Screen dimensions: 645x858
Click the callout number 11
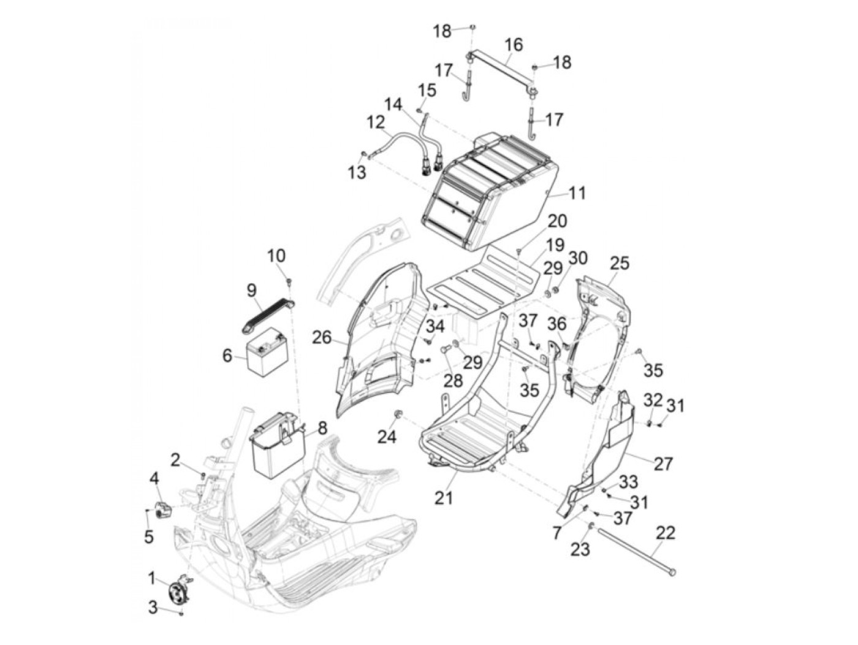(577, 193)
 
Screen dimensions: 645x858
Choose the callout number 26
(322, 337)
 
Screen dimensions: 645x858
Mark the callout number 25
(619, 264)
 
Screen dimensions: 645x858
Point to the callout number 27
(663, 464)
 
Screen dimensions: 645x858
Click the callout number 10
(276, 254)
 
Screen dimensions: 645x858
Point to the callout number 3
(153, 608)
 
